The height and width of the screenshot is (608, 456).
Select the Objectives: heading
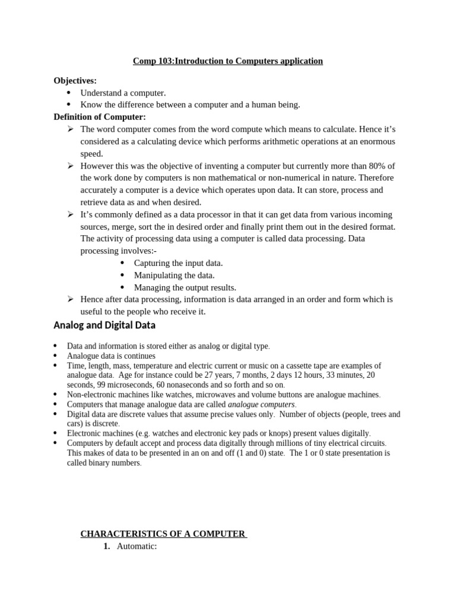tap(75, 81)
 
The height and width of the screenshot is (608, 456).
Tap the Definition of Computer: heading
tap(100, 117)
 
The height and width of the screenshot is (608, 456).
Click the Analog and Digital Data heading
tap(104, 325)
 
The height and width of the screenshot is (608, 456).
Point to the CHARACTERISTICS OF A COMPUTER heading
tap(163, 533)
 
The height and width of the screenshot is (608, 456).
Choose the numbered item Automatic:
tap(137, 546)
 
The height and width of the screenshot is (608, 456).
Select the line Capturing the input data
tap(178, 263)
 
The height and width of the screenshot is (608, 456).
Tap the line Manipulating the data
tap(174, 275)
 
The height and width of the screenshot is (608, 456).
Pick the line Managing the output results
tap(185, 287)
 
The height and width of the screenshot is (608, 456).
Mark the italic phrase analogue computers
tap(261, 404)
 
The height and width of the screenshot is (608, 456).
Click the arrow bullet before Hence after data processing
tap(71, 299)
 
